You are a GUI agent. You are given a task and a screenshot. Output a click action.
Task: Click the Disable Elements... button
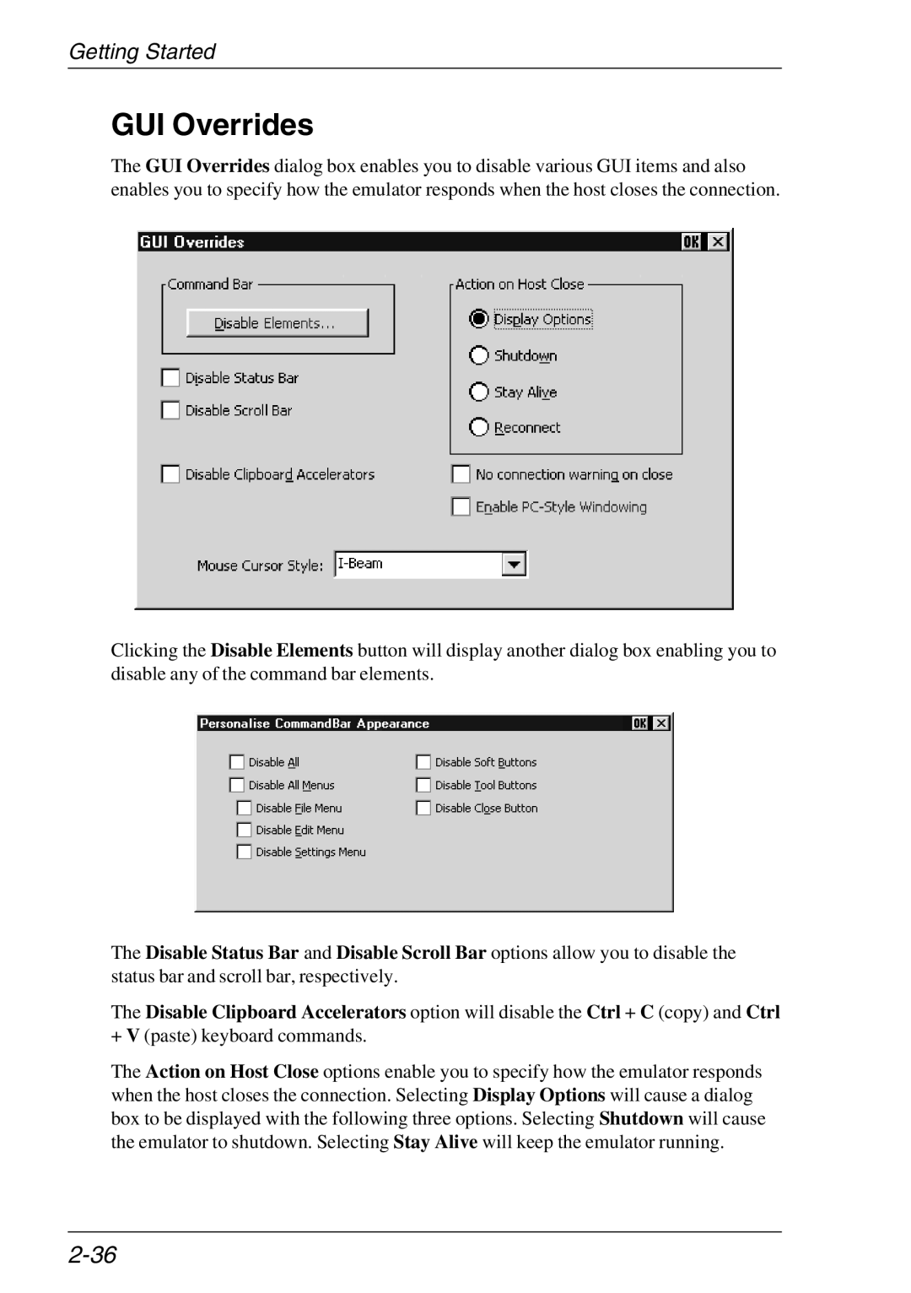(x=277, y=323)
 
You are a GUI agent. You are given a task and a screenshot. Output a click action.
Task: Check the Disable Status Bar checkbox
(x=171, y=378)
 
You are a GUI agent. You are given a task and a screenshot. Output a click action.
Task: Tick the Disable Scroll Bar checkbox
(x=171, y=410)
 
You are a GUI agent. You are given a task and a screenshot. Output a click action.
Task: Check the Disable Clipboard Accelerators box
(x=171, y=474)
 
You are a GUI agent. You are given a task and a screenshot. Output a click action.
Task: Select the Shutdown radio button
(x=479, y=355)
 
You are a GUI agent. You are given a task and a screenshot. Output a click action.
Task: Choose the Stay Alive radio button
(x=479, y=392)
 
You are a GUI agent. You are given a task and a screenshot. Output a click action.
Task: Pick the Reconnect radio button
(x=479, y=427)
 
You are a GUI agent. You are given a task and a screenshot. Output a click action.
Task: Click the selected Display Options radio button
(x=479, y=319)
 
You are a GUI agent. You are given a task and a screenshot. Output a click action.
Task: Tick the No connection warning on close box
(x=461, y=474)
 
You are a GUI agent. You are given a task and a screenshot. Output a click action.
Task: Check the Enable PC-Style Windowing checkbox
(x=461, y=506)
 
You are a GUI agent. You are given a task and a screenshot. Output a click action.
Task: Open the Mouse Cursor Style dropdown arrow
(x=514, y=564)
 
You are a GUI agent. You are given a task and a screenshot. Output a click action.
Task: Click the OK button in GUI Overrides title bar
(x=692, y=242)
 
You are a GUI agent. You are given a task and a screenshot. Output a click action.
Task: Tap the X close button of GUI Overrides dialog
(x=717, y=242)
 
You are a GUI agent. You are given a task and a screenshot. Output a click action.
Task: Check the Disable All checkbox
(x=237, y=762)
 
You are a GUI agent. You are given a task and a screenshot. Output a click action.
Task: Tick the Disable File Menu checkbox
(x=245, y=808)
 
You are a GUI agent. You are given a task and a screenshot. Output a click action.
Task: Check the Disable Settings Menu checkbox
(x=245, y=852)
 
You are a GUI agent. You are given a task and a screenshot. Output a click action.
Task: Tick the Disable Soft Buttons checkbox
(x=423, y=762)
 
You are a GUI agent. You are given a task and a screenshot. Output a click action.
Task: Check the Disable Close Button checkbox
(x=423, y=808)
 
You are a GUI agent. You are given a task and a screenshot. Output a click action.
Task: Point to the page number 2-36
(x=93, y=1255)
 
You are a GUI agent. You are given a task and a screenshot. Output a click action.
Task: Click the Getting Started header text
(x=142, y=51)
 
